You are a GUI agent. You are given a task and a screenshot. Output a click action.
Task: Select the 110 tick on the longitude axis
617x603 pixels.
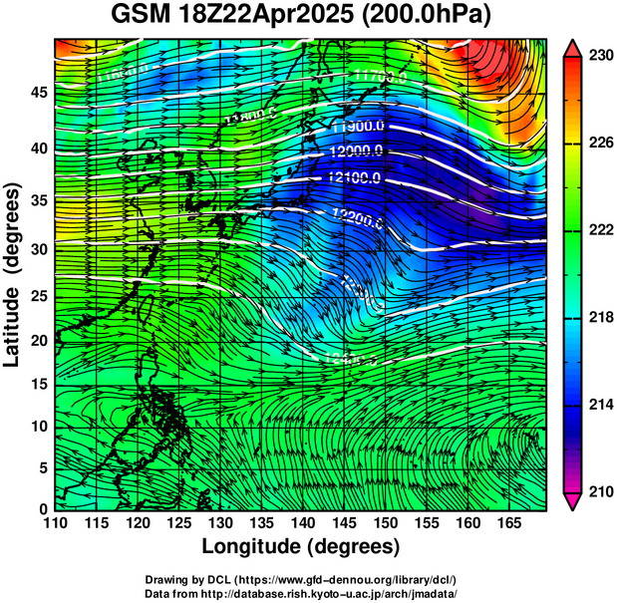click(54, 521)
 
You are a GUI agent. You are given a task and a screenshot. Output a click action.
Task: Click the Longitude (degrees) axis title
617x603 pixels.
click(301, 546)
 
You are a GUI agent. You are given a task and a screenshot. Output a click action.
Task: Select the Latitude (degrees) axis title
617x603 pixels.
click(14, 274)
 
